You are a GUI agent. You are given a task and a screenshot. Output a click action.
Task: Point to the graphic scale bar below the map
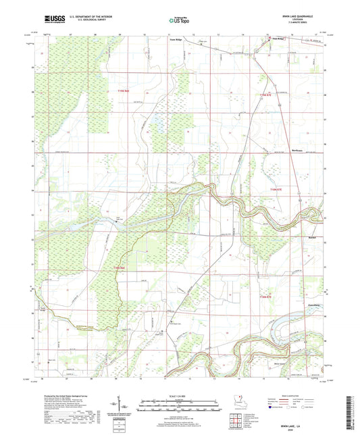179,403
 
